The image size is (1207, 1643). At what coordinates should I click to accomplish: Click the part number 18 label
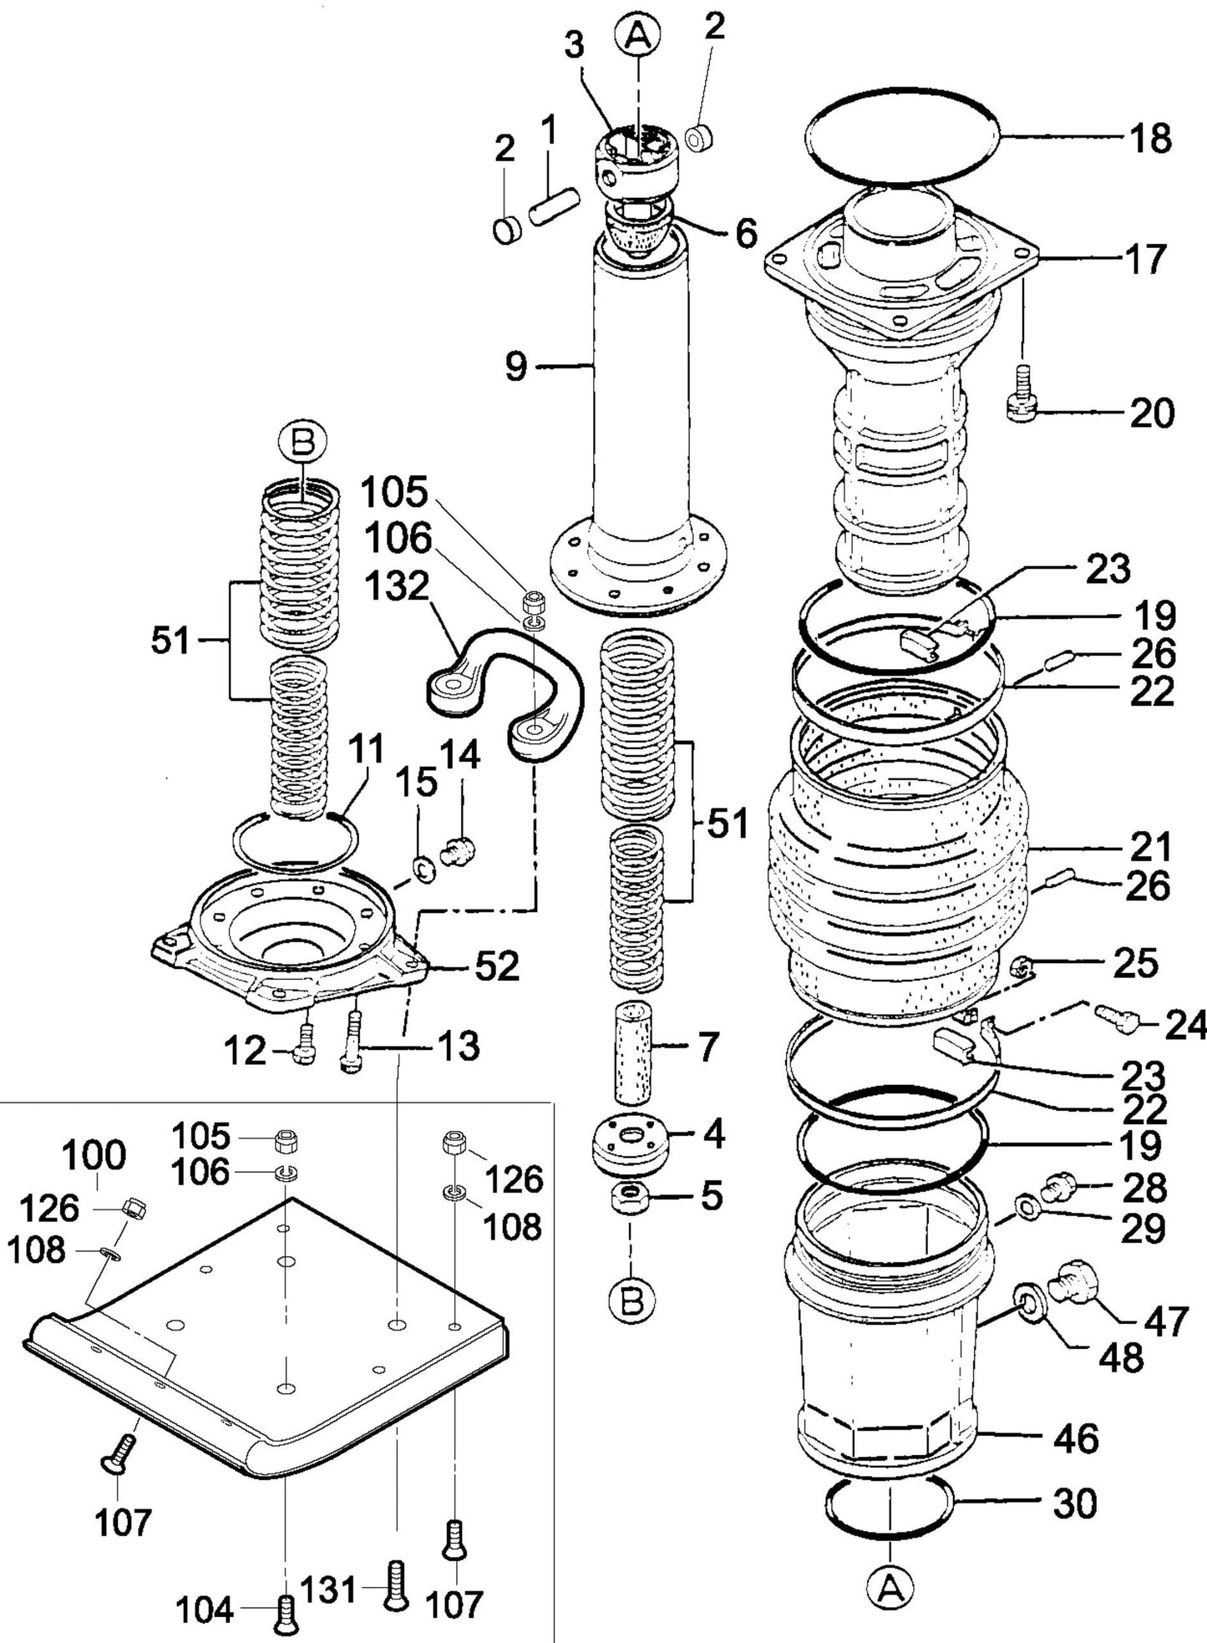tap(1152, 139)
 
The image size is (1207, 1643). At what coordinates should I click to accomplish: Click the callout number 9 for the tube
tap(517, 366)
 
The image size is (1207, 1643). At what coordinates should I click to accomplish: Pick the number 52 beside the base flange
tap(497, 967)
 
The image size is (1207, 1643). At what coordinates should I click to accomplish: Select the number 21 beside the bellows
tap(1151, 848)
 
